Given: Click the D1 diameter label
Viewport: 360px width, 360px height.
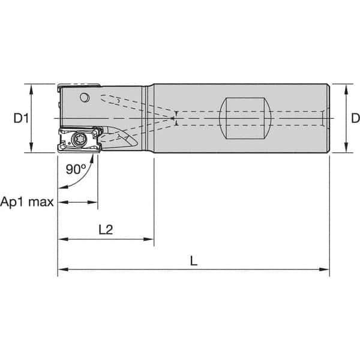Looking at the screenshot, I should point(22,119).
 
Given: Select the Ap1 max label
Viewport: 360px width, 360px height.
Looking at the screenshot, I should point(27,202).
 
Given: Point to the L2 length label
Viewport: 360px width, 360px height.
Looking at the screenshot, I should point(106,229).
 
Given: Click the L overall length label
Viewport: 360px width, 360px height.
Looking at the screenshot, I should point(193,262).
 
